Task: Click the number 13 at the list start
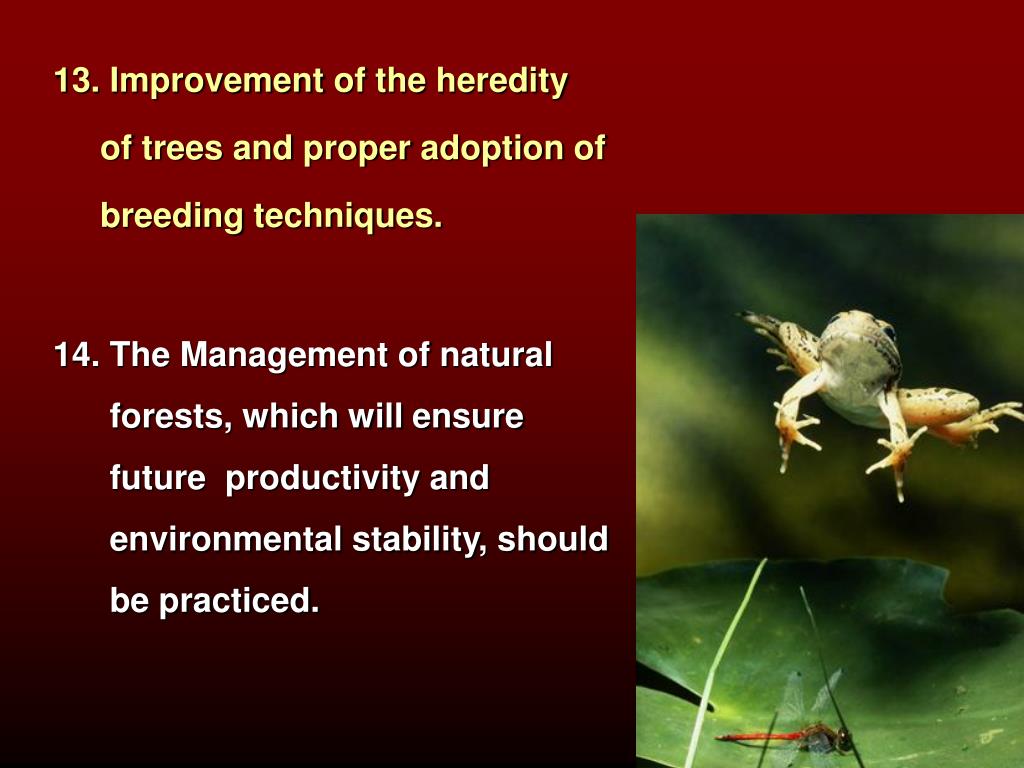pos(76,80)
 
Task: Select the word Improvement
pos(217,82)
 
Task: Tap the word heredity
pos(502,82)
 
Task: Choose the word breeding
pos(172,216)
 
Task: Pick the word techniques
pos(348,216)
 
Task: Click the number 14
pos(76,355)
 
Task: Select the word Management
pos(284,356)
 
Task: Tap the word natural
pos(496,355)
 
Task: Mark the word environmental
pos(225,539)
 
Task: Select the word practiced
pos(239,601)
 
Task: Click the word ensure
pos(468,417)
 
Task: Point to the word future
pos(157,478)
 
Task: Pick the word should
pos(552,539)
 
